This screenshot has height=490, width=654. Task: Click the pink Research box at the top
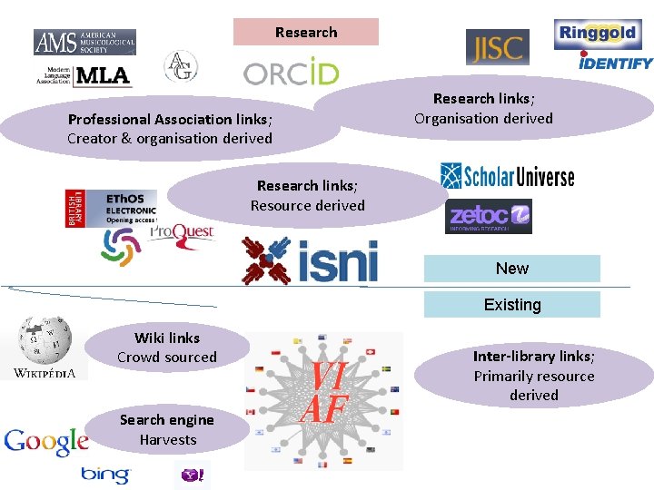pos(306,32)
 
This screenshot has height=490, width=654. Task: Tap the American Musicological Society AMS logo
pos(84,42)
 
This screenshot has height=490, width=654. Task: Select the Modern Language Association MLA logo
pos(84,75)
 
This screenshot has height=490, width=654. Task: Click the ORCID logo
pos(291,73)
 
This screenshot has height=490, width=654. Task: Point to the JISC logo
pos(497,47)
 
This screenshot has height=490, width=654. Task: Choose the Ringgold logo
pos(603,34)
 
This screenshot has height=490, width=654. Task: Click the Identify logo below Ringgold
pos(616,63)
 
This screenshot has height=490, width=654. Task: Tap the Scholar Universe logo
pos(507,175)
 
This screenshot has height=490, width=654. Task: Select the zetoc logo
pos(489,216)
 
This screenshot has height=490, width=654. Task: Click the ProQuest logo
pos(181,233)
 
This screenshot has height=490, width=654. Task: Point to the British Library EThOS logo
pos(111,208)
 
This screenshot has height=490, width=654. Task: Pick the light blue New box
pos(512,269)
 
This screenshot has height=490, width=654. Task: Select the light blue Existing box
pos(512,305)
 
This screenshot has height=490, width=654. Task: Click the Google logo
pos(46,442)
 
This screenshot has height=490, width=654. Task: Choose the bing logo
pos(105,475)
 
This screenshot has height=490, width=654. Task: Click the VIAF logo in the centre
pos(324,400)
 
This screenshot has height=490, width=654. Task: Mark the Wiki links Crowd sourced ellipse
pos(167,348)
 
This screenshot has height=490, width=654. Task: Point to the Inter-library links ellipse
pos(534,376)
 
